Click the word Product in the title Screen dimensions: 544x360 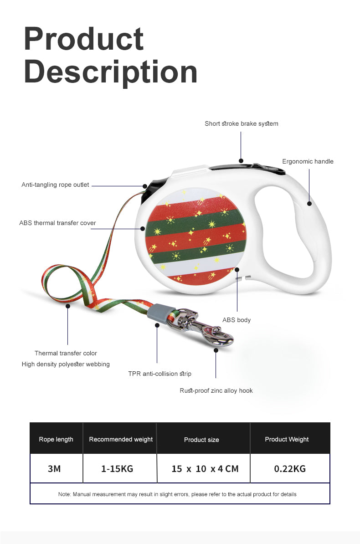pyautogui.click(x=84, y=39)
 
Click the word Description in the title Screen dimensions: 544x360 pyautogui.click(x=111, y=72)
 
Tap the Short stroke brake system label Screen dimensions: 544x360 pyautogui.click(x=241, y=123)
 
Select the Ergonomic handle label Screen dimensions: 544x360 pyautogui.click(x=308, y=161)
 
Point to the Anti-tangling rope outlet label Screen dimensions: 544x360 pyautogui.click(x=55, y=185)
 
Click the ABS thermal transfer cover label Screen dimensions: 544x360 pyautogui.click(x=57, y=223)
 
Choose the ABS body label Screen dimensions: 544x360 pyautogui.click(x=237, y=320)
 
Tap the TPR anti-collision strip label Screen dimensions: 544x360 pyautogui.click(x=159, y=374)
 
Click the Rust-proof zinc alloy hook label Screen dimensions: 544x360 pyautogui.click(x=216, y=390)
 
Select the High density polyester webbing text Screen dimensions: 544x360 pyautogui.click(x=66, y=364)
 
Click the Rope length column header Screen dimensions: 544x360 pyautogui.click(x=56, y=439)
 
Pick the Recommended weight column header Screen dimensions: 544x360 pyautogui.click(x=121, y=439)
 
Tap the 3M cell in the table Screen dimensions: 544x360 pyautogui.click(x=54, y=468)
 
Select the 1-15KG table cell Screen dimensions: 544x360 pyautogui.click(x=117, y=468)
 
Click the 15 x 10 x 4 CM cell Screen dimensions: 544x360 pyautogui.click(x=205, y=468)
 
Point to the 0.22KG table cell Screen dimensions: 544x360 pyautogui.click(x=289, y=468)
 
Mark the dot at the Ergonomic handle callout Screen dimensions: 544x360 pyautogui.click(x=309, y=204)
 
